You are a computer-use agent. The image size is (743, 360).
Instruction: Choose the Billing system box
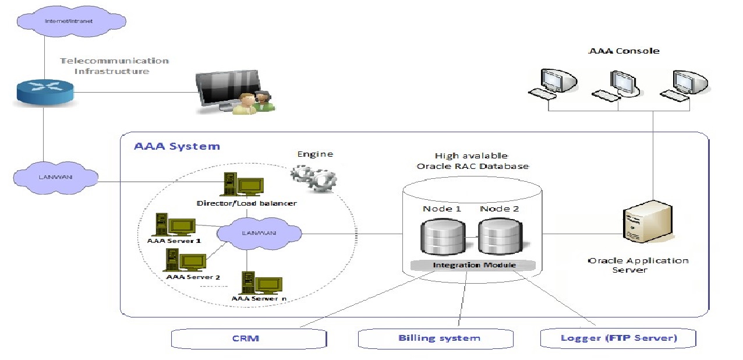click(439, 338)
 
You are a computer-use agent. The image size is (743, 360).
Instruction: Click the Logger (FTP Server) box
click(618, 338)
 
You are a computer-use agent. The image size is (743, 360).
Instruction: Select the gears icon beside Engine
click(313, 178)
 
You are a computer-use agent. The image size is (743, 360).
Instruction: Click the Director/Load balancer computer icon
click(243, 186)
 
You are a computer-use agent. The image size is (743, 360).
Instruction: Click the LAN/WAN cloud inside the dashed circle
click(260, 233)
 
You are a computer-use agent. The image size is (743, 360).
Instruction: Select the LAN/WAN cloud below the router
click(56, 176)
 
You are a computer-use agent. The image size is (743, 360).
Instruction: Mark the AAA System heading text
click(177, 146)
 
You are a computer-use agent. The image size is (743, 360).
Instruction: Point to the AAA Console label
click(624, 51)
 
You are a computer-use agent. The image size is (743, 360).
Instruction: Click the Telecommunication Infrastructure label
click(115, 66)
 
